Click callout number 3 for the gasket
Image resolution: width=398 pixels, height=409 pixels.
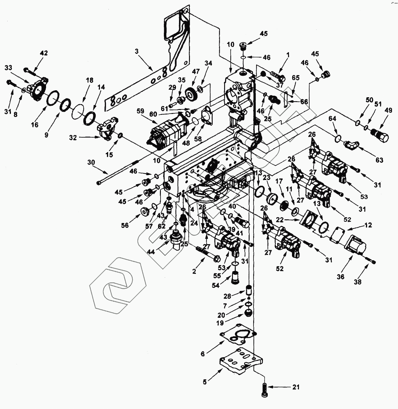click(x=137, y=51)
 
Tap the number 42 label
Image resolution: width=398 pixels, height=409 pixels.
click(x=44, y=53)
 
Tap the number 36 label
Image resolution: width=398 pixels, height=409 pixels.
click(x=341, y=276)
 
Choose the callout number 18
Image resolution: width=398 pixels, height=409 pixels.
click(x=89, y=80)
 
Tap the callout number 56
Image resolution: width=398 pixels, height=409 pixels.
click(x=125, y=225)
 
